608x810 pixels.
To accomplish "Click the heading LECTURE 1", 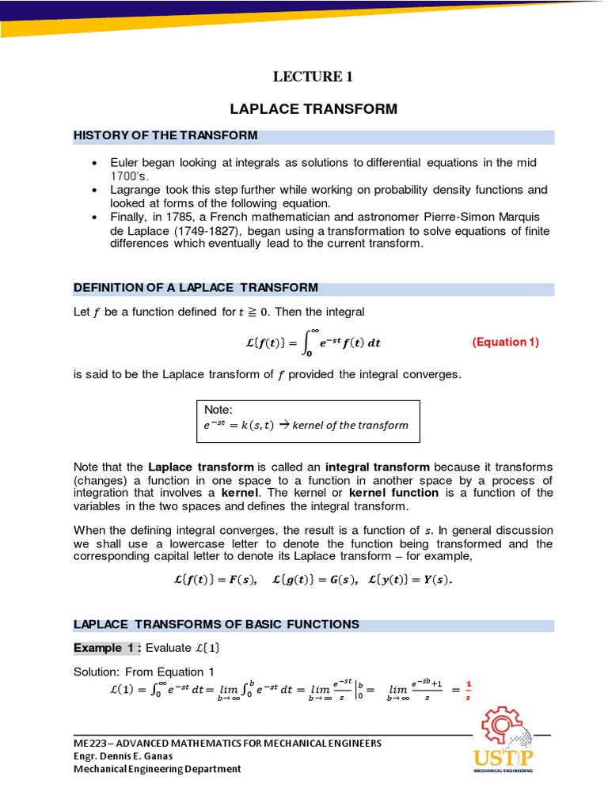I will tap(313, 77).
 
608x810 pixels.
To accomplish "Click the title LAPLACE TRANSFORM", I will tap(313, 108).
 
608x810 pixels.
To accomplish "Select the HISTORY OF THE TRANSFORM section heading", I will tap(165, 135).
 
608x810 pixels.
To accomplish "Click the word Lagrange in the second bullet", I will tap(132, 190).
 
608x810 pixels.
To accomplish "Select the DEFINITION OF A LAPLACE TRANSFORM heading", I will tap(196, 287).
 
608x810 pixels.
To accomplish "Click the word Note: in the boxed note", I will tap(218, 410).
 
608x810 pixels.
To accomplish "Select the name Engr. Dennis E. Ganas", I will tap(123, 755).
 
